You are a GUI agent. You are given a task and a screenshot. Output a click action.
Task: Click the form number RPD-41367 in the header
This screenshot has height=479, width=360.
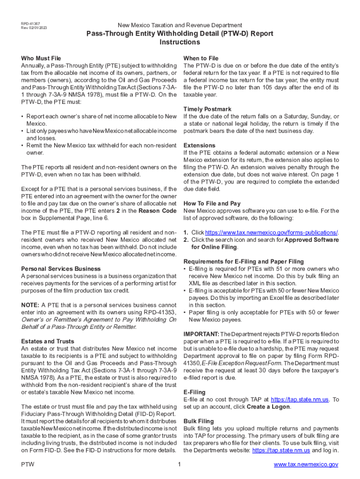click(30, 23)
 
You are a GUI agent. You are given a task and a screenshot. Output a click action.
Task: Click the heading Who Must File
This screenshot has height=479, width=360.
click(41, 58)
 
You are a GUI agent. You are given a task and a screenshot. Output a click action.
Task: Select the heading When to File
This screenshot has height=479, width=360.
click(201, 58)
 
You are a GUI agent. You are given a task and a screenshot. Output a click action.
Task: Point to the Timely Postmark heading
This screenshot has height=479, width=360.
click(208, 109)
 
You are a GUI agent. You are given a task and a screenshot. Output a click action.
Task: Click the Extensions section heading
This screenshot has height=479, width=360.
click(200, 145)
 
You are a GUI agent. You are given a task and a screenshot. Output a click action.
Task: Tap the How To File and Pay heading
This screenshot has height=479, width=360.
click(212, 203)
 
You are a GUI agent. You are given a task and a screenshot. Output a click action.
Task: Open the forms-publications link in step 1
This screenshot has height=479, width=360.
click(271, 232)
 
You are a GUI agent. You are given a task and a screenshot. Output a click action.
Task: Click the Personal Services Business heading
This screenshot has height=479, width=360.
click(61, 269)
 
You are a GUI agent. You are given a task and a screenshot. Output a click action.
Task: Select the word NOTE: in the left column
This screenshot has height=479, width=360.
click(30, 305)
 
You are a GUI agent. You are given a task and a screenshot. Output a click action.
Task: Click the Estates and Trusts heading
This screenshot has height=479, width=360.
click(48, 341)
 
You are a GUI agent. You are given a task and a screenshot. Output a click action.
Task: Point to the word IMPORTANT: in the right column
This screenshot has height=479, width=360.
click(201, 334)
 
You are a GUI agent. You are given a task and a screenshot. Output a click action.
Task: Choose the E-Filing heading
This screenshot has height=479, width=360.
click(194, 392)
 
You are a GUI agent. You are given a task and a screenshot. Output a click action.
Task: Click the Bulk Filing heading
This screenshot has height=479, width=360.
click(199, 421)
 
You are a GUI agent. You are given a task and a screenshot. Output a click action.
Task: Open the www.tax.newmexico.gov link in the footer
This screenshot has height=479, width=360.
click(306, 464)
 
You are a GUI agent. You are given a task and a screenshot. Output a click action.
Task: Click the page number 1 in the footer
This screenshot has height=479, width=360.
click(179, 464)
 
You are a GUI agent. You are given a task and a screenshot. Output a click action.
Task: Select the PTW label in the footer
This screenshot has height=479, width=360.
click(28, 464)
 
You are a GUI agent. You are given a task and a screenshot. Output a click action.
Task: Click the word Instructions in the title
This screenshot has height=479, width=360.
click(180, 42)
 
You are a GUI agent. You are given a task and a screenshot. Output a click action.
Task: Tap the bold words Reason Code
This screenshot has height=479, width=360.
click(158, 211)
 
